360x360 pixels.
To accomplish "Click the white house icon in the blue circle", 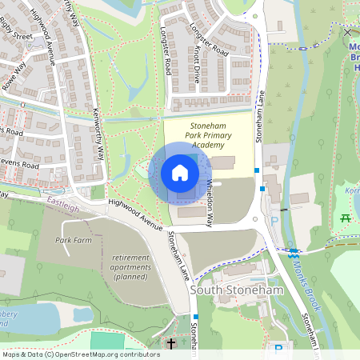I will [x=180, y=173].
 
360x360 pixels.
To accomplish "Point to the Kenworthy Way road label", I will [x=98, y=134].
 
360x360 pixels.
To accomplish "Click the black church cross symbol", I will [x=170, y=345].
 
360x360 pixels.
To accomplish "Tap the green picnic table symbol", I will [x=346, y=218].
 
